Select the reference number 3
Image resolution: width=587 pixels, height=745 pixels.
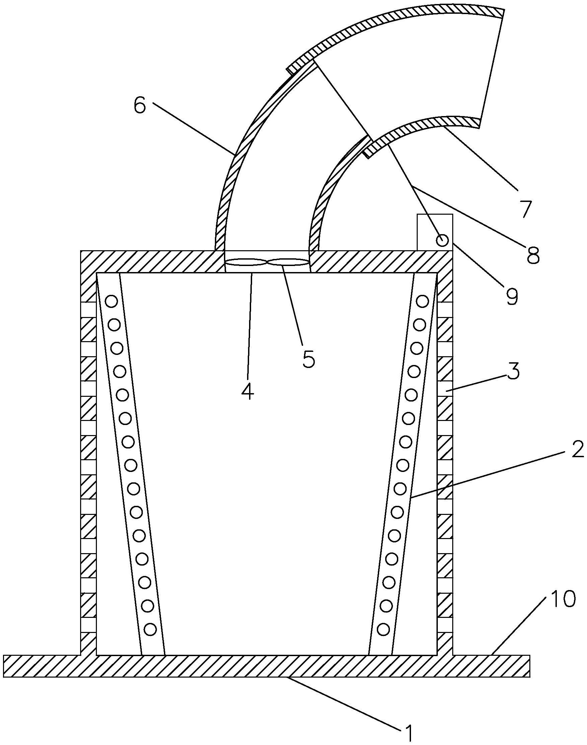click(513, 373)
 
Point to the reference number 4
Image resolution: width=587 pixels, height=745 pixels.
click(247, 391)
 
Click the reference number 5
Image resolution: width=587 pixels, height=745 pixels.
click(308, 359)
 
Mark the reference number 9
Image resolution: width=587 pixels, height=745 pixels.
click(512, 296)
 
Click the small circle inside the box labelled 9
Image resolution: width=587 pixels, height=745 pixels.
click(442, 240)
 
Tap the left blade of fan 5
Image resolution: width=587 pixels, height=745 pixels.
click(246, 263)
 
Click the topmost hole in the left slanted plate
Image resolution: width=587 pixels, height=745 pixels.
click(112, 301)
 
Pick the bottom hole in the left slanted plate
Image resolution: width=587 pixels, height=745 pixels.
click(150, 629)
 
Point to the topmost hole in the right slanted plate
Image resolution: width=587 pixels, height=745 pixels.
click(422, 301)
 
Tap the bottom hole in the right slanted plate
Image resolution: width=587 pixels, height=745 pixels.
click(384, 629)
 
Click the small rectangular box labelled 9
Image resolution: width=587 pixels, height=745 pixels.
click(435, 232)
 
